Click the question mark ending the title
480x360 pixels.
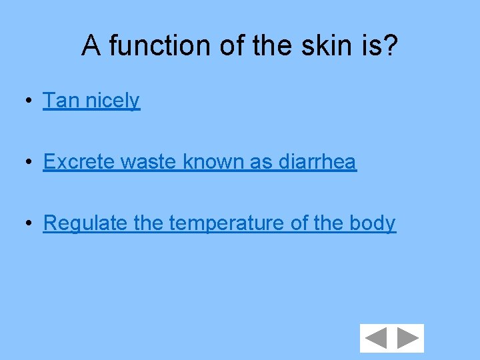[391, 46]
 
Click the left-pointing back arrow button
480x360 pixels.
[376, 338]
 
